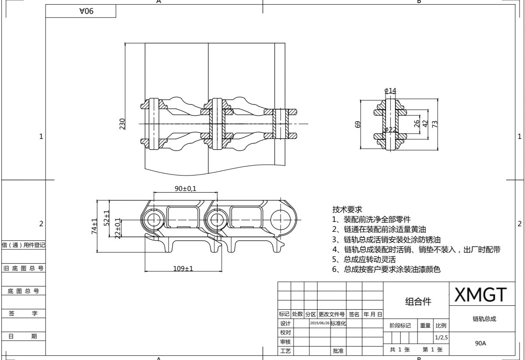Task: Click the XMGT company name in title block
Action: [x=481, y=295]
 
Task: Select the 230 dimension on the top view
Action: [x=122, y=124]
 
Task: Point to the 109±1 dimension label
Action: [x=183, y=268]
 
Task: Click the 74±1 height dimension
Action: [x=95, y=226]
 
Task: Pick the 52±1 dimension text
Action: [x=107, y=218]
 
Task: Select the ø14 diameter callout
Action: [x=390, y=90]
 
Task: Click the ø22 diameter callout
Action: [x=390, y=129]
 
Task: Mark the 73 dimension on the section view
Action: [x=435, y=124]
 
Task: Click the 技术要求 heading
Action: [x=347, y=209]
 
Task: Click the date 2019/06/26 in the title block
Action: [x=319, y=323]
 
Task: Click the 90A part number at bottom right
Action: [x=480, y=343]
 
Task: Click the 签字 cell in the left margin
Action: [x=24, y=314]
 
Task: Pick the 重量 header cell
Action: [x=425, y=326]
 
